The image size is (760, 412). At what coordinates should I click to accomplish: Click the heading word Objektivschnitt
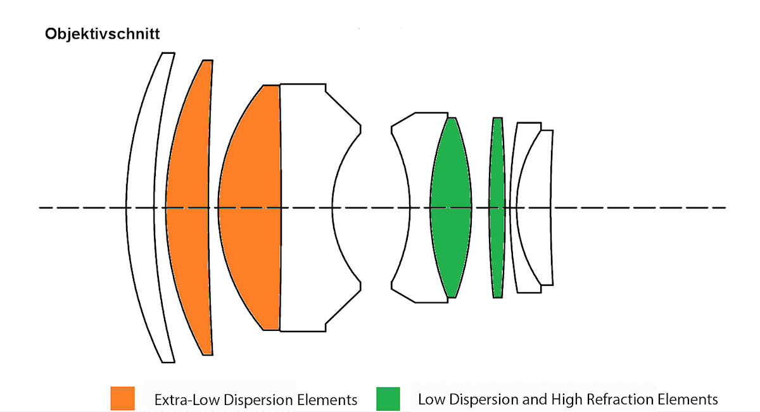(102, 34)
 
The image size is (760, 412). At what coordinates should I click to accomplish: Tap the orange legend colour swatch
(122, 398)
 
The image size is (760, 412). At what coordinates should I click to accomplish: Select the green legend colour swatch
(388, 398)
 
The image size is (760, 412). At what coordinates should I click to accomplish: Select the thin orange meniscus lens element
(188, 207)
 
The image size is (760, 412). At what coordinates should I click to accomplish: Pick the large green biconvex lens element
(451, 207)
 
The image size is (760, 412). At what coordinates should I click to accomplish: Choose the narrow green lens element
(497, 207)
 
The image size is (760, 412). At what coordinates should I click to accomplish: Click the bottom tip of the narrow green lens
(497, 296)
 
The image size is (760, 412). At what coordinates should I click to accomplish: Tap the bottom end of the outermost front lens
(168, 361)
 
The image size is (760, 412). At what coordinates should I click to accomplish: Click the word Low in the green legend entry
(431, 400)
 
